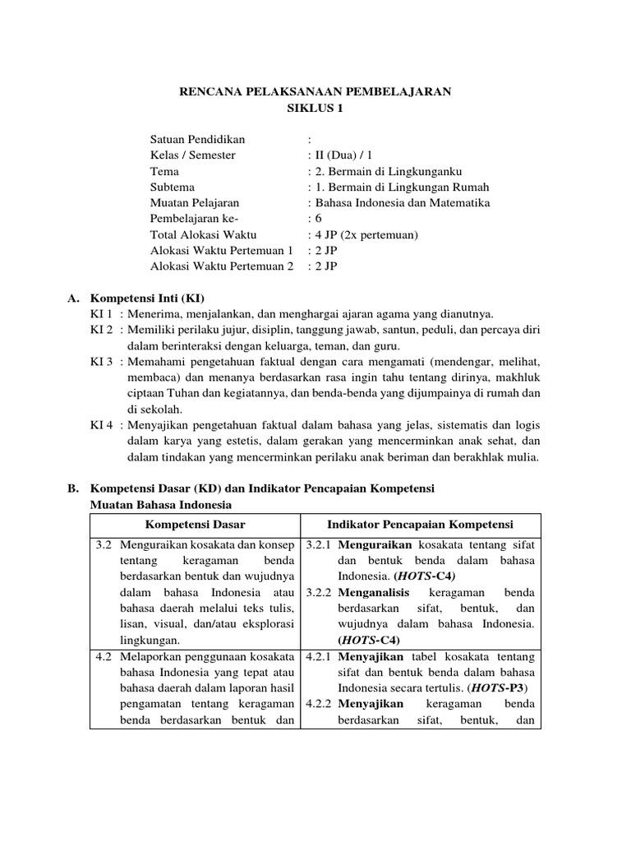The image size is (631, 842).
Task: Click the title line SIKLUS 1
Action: coord(315,108)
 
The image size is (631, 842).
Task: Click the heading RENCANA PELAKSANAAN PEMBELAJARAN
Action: coord(315,92)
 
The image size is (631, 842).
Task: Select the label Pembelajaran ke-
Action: coord(194,219)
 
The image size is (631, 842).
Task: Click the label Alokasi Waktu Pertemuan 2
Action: coord(222,266)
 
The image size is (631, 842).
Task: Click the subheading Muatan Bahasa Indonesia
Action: coord(160,504)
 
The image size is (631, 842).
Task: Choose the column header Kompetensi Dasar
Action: coord(195,524)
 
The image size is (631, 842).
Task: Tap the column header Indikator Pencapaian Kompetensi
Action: coord(420,524)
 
